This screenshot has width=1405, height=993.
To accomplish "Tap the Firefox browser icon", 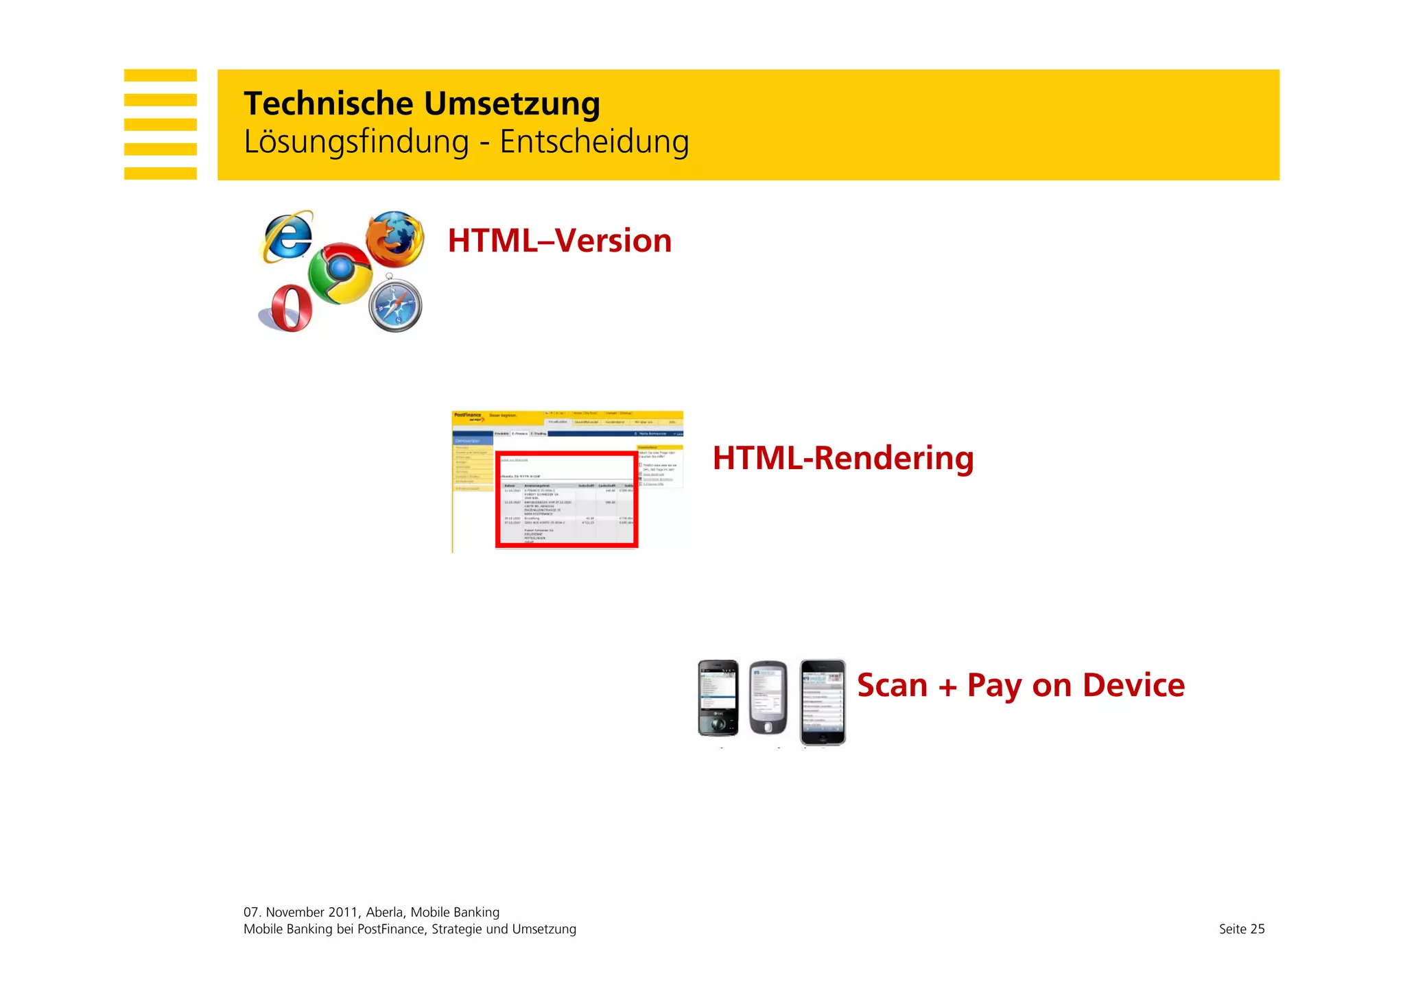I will [x=394, y=237].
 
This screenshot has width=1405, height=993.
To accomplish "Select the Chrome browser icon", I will [x=340, y=274].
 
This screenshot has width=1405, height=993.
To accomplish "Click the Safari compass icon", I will [x=395, y=304].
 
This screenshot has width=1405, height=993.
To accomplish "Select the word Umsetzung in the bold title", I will [x=512, y=104].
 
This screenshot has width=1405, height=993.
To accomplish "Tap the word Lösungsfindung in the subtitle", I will [x=356, y=142].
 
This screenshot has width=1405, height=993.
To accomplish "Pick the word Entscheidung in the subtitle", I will [x=594, y=142].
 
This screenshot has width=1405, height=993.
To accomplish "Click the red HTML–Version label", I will [x=559, y=241].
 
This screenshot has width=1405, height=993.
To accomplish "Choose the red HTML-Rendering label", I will [x=842, y=458].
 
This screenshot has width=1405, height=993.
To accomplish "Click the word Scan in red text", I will [x=891, y=685].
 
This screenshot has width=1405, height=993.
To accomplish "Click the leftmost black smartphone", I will [x=718, y=698].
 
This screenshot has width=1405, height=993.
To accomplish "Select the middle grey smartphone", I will [x=768, y=698].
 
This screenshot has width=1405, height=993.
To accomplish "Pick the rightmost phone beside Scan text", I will [x=823, y=701].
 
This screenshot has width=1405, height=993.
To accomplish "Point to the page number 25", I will [x=1257, y=929].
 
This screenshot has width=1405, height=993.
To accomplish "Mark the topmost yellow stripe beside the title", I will [x=160, y=75].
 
